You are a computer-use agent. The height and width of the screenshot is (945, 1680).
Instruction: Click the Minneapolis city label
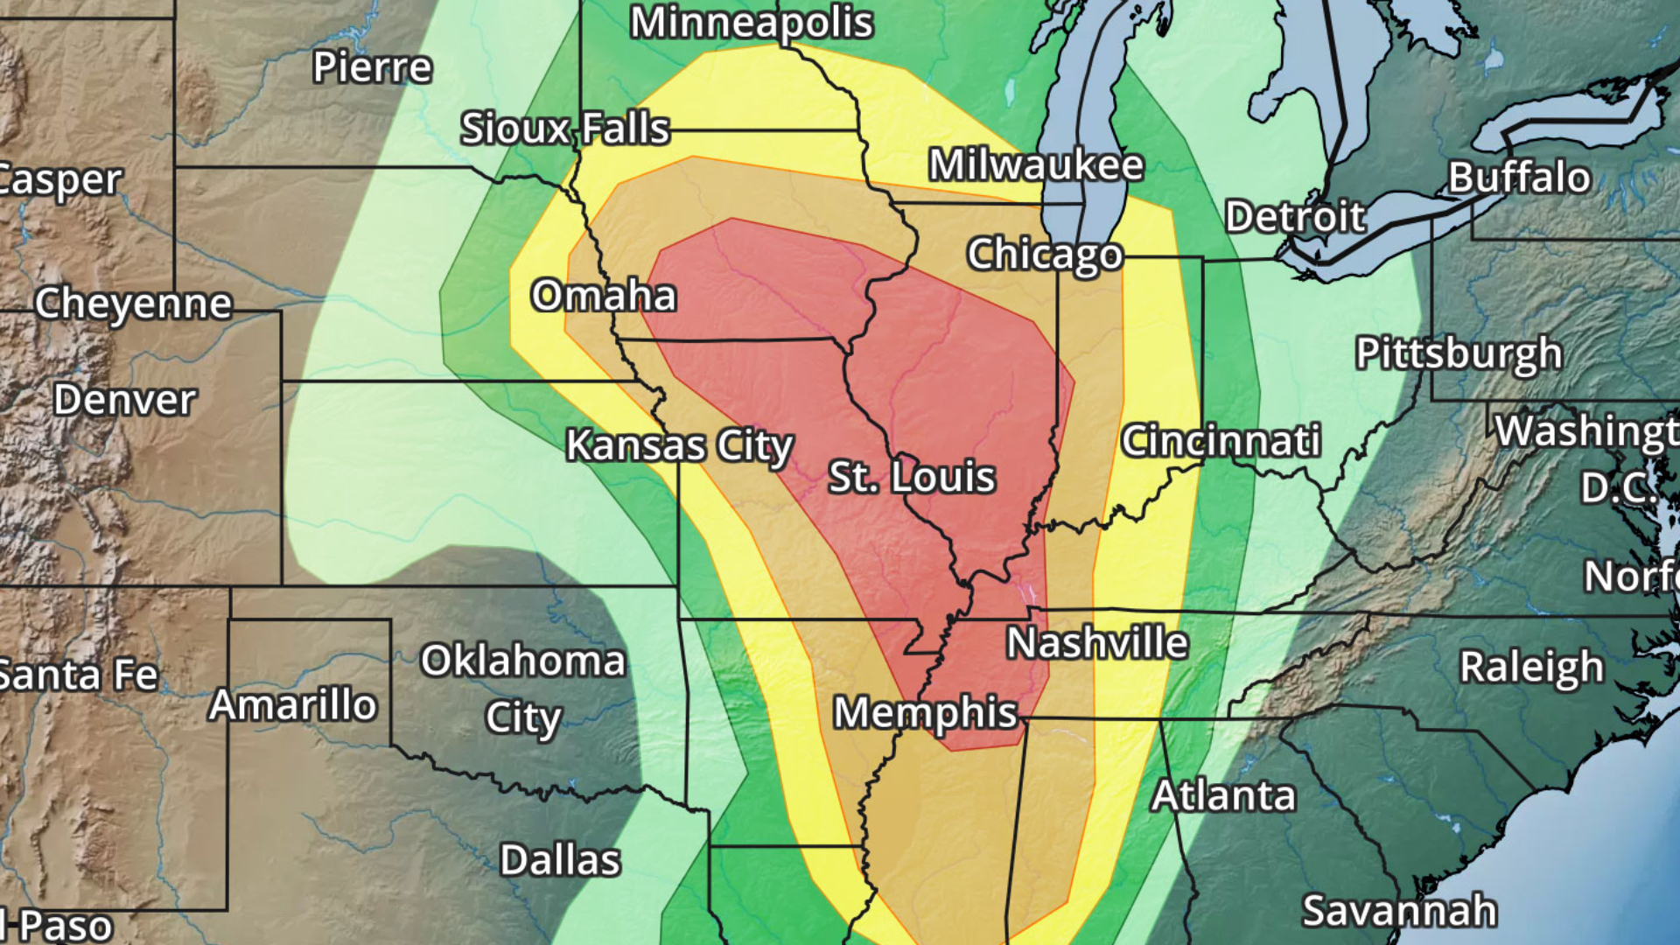coord(751,22)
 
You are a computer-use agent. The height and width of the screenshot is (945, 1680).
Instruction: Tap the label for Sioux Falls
coord(565,129)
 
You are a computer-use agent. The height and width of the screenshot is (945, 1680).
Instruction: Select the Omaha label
coord(604,296)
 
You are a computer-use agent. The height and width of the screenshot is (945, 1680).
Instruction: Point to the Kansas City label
coord(679,445)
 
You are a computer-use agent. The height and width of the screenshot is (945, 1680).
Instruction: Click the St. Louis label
coord(912,477)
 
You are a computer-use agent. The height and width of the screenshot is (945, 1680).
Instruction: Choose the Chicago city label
coord(1045,255)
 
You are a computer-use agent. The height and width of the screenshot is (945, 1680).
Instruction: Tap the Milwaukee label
coord(1036,164)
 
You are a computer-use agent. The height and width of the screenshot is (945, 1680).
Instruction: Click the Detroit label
coord(1295,216)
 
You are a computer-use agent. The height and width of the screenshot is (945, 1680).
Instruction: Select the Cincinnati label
coord(1221,440)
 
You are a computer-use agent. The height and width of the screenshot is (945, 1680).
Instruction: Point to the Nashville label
coord(1097,643)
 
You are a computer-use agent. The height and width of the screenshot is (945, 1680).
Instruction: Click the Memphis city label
coord(925,712)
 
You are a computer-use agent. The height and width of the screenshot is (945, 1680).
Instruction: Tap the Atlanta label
coord(1223,795)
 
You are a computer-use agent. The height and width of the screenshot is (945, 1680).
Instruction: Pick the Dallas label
coord(560,860)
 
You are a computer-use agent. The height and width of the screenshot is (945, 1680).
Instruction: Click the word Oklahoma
coord(522,661)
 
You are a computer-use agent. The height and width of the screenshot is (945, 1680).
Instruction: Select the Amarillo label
coord(292,704)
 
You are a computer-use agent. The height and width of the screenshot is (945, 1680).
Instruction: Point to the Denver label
coord(125,400)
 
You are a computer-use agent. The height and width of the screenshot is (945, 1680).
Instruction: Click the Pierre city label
coord(372,67)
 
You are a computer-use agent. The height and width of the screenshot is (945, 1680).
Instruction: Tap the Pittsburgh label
coord(1459,353)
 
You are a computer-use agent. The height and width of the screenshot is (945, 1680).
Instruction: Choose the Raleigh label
coord(1531,667)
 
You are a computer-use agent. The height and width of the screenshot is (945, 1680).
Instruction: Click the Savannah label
coord(1399,910)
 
